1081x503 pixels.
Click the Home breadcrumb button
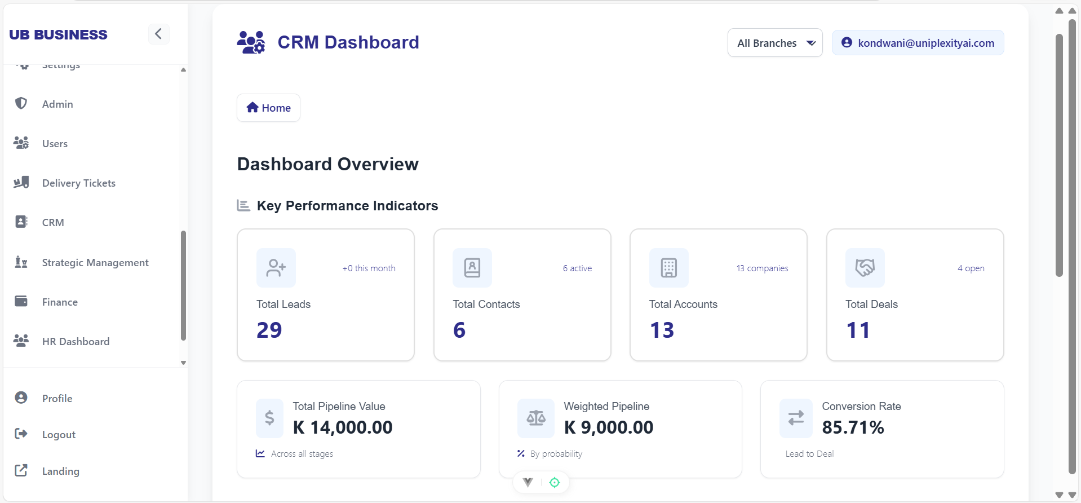pos(268,108)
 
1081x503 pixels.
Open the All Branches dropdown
pos(775,43)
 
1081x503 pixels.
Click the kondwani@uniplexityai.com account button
pos(918,43)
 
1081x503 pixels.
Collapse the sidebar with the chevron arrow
pos(158,34)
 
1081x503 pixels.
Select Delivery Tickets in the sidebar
pos(78,183)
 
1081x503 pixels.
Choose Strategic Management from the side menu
pos(95,263)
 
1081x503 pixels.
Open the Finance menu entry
pos(60,302)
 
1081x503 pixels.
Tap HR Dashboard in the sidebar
pos(76,342)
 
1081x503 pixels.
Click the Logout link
pos(59,435)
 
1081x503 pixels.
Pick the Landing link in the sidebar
pos(60,471)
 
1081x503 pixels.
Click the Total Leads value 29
pos(269,330)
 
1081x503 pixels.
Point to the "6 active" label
pos(577,268)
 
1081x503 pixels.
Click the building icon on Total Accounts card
pos(668,268)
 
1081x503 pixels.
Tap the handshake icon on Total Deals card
pos(865,268)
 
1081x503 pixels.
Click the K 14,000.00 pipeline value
pos(343,427)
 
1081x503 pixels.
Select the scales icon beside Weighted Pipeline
pos(536,418)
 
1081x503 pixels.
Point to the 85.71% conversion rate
pos(853,427)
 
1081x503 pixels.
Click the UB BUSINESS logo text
pos(58,35)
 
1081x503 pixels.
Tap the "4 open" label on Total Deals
pos(971,268)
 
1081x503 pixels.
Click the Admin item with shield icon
pos(57,104)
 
